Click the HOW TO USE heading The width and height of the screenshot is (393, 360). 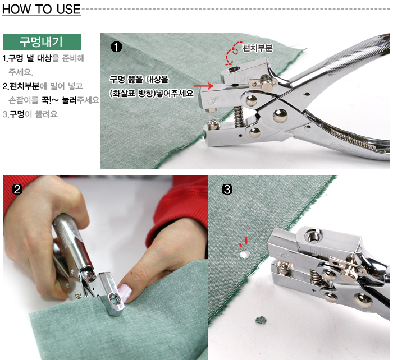tap(42, 10)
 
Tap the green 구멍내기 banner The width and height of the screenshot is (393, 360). tap(42, 41)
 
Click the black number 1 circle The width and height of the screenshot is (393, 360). tap(116, 47)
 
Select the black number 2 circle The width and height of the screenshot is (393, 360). tap(17, 190)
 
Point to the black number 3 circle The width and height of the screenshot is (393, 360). tap(227, 190)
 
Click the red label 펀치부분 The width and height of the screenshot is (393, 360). tap(257, 48)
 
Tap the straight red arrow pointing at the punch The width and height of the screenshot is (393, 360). tap(204, 86)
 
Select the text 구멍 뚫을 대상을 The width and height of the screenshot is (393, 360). tap(139, 80)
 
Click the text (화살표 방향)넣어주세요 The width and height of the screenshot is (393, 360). tap(152, 94)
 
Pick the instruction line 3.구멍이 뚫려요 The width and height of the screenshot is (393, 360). tap(30, 114)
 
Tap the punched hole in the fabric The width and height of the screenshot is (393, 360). tap(244, 254)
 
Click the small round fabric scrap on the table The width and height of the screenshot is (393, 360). tap(261, 320)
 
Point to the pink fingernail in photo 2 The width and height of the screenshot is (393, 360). tap(125, 292)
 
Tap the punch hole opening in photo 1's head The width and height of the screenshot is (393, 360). tap(234, 70)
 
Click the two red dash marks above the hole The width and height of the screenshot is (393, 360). tap(243, 242)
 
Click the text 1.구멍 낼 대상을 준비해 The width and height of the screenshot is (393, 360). tap(44, 58)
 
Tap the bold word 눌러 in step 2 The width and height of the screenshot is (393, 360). tap(69, 100)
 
